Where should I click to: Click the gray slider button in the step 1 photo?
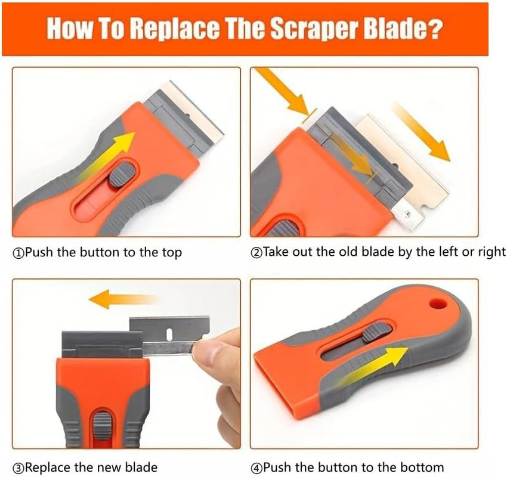click(123, 175)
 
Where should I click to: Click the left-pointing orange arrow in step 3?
click(122, 298)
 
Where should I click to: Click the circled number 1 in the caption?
click(17, 252)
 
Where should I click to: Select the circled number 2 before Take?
click(256, 252)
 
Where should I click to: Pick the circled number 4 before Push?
click(256, 467)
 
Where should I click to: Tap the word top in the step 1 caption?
click(170, 252)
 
